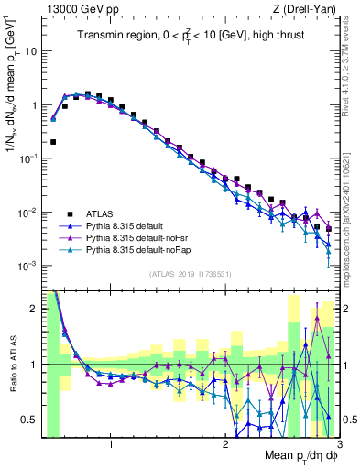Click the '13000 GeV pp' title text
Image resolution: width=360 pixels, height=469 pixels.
point(78,10)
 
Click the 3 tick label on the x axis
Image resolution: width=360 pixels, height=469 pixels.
point(339,442)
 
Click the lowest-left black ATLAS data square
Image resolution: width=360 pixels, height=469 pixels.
point(53,142)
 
